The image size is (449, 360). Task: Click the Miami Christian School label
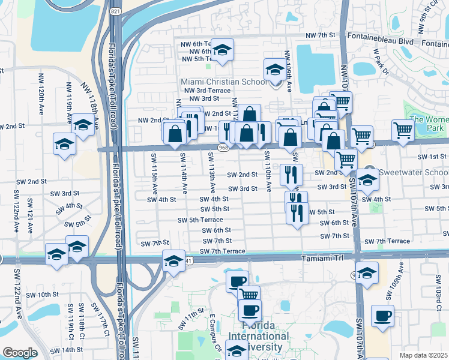pyautogui.click(x=224, y=82)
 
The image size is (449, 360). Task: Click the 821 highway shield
pyautogui.click(x=115, y=11)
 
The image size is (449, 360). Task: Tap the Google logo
pyautogui.click(x=20, y=353)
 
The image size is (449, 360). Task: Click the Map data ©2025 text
pyautogui.click(x=423, y=355)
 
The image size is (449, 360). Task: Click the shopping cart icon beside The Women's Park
pyautogui.click(x=402, y=130)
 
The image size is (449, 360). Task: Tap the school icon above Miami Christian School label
pyautogui.click(x=276, y=70)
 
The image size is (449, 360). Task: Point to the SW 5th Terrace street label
pyautogui.click(x=200, y=220)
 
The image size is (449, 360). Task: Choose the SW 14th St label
pyautogui.click(x=66, y=350)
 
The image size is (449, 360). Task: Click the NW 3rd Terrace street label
pyautogui.click(x=207, y=90)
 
